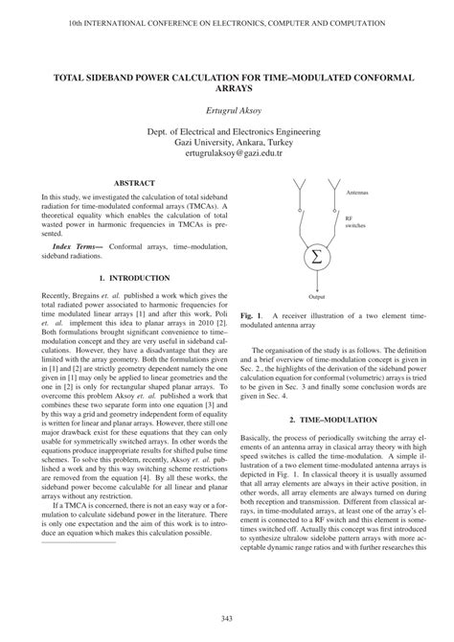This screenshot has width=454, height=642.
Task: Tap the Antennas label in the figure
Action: (359, 194)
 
